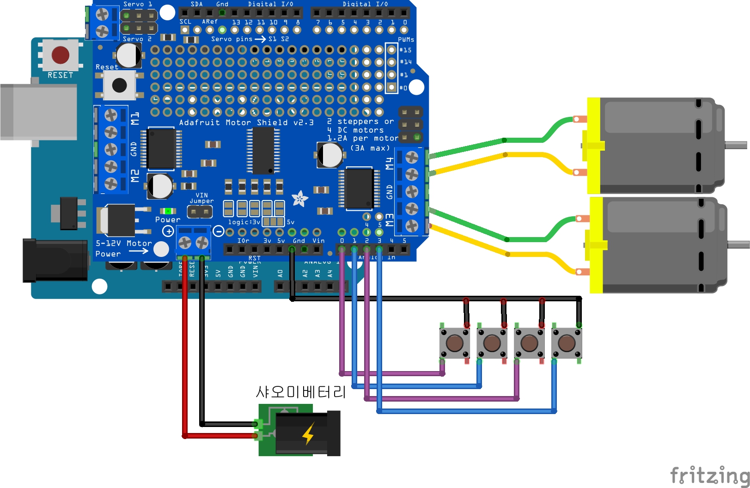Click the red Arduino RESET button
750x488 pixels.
61,55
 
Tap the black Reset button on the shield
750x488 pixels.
119,85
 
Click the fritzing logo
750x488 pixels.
709,475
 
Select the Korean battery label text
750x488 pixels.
301,392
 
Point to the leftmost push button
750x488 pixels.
455,343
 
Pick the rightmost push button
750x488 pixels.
567,343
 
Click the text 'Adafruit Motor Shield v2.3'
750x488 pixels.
246,122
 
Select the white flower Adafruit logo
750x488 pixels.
299,199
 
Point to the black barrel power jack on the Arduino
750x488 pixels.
55,260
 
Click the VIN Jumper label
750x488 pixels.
201,198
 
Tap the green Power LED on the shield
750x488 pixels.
168,211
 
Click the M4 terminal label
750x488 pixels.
390,163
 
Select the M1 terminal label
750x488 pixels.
134,118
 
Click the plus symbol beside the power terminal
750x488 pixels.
168,231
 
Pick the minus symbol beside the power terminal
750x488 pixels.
219,231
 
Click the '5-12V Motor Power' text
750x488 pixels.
123,249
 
